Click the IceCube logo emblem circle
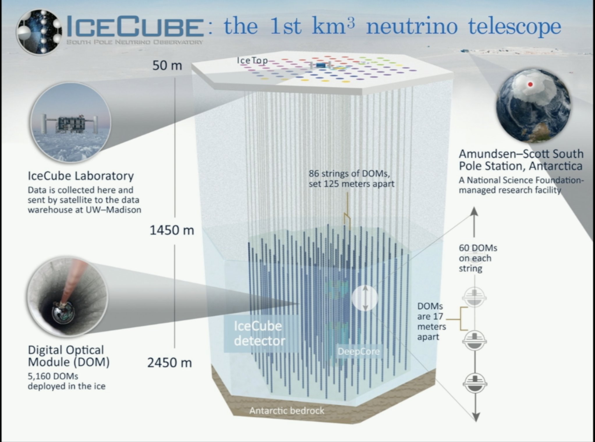(39, 32)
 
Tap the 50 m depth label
(167, 65)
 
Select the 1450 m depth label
(172, 230)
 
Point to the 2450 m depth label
(170, 363)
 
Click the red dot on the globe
(530, 85)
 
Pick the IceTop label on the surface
(252, 60)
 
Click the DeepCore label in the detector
(359, 351)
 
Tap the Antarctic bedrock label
(287, 411)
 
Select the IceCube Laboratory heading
(81, 176)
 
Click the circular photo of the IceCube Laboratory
(70, 122)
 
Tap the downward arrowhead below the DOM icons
(476, 417)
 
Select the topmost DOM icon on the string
(474, 297)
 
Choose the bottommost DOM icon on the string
(475, 383)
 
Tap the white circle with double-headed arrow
(365, 298)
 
